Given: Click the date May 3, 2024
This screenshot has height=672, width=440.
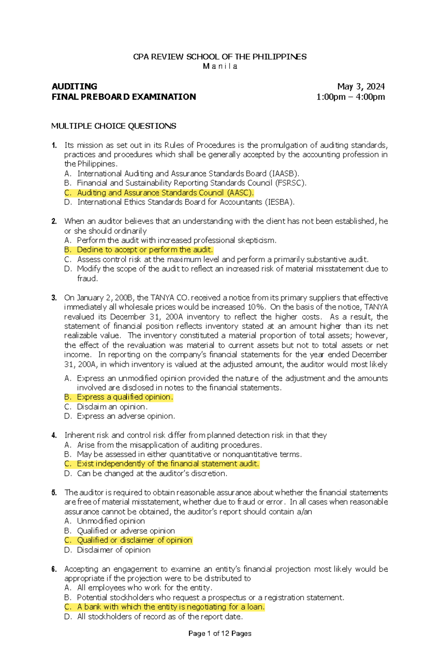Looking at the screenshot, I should pyautogui.click(x=361, y=86).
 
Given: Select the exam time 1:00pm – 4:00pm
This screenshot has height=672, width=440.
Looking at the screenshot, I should pyautogui.click(x=351, y=97).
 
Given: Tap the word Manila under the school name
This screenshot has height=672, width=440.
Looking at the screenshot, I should pyautogui.click(x=220, y=66).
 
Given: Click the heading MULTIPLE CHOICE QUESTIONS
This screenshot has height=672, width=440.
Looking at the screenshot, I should pyautogui.click(x=114, y=126).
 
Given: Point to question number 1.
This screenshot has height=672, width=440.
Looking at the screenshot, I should pyautogui.click(x=54, y=145).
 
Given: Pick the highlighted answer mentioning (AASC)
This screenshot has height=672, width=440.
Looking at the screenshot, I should pyautogui.click(x=165, y=193).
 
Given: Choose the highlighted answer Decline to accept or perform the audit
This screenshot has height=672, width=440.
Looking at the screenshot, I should pyautogui.click(x=144, y=250).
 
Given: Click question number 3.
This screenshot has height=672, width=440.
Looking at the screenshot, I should pyautogui.click(x=54, y=298).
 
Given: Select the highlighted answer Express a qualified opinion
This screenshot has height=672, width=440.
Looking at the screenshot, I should pyautogui.click(x=124, y=397).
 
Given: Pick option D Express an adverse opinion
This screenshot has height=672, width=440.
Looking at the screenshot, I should pyautogui.click(x=126, y=416).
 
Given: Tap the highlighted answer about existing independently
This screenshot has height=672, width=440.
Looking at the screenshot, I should pyautogui.click(x=168, y=464).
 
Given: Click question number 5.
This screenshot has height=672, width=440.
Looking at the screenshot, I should pyautogui.click(x=54, y=493).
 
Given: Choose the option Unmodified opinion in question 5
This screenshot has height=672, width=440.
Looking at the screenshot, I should pyautogui.click(x=111, y=521).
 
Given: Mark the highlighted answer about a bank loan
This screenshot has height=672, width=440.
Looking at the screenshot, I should pyautogui.click(x=170, y=607).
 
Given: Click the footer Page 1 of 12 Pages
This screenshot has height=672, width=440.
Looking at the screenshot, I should pyautogui.click(x=220, y=633).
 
